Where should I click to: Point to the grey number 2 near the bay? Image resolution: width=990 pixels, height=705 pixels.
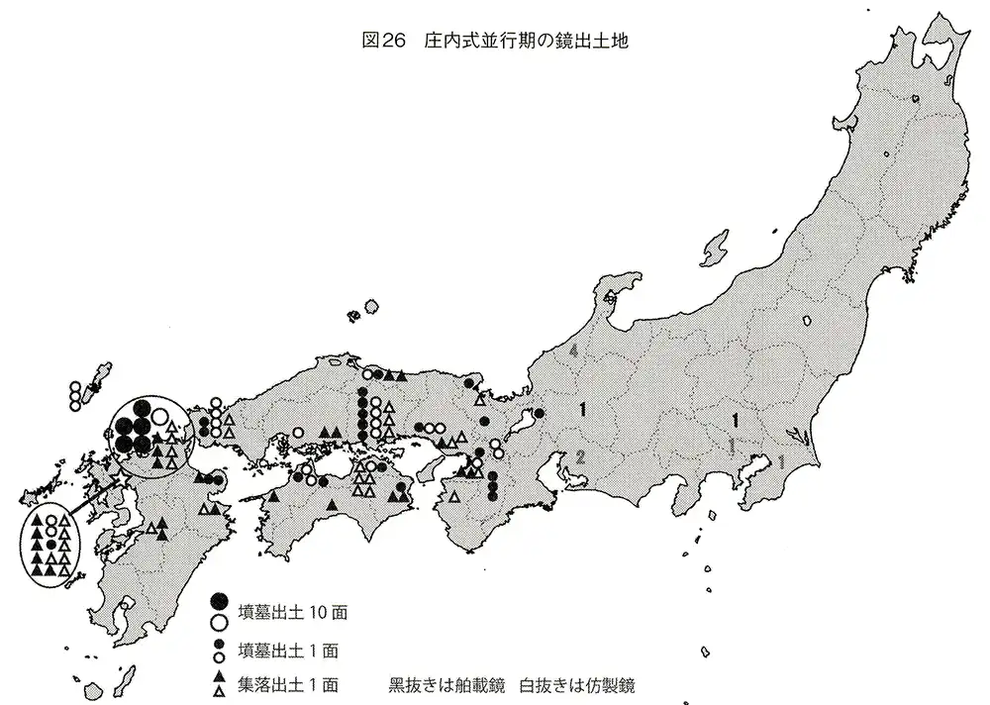[581, 456]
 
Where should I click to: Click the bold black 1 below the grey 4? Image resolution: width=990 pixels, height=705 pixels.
[585, 408]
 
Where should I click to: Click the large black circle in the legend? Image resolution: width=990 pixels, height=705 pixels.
[220, 600]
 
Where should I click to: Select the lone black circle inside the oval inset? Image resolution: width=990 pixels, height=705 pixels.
[50, 546]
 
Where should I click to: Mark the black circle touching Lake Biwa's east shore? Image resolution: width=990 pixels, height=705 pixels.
[541, 413]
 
